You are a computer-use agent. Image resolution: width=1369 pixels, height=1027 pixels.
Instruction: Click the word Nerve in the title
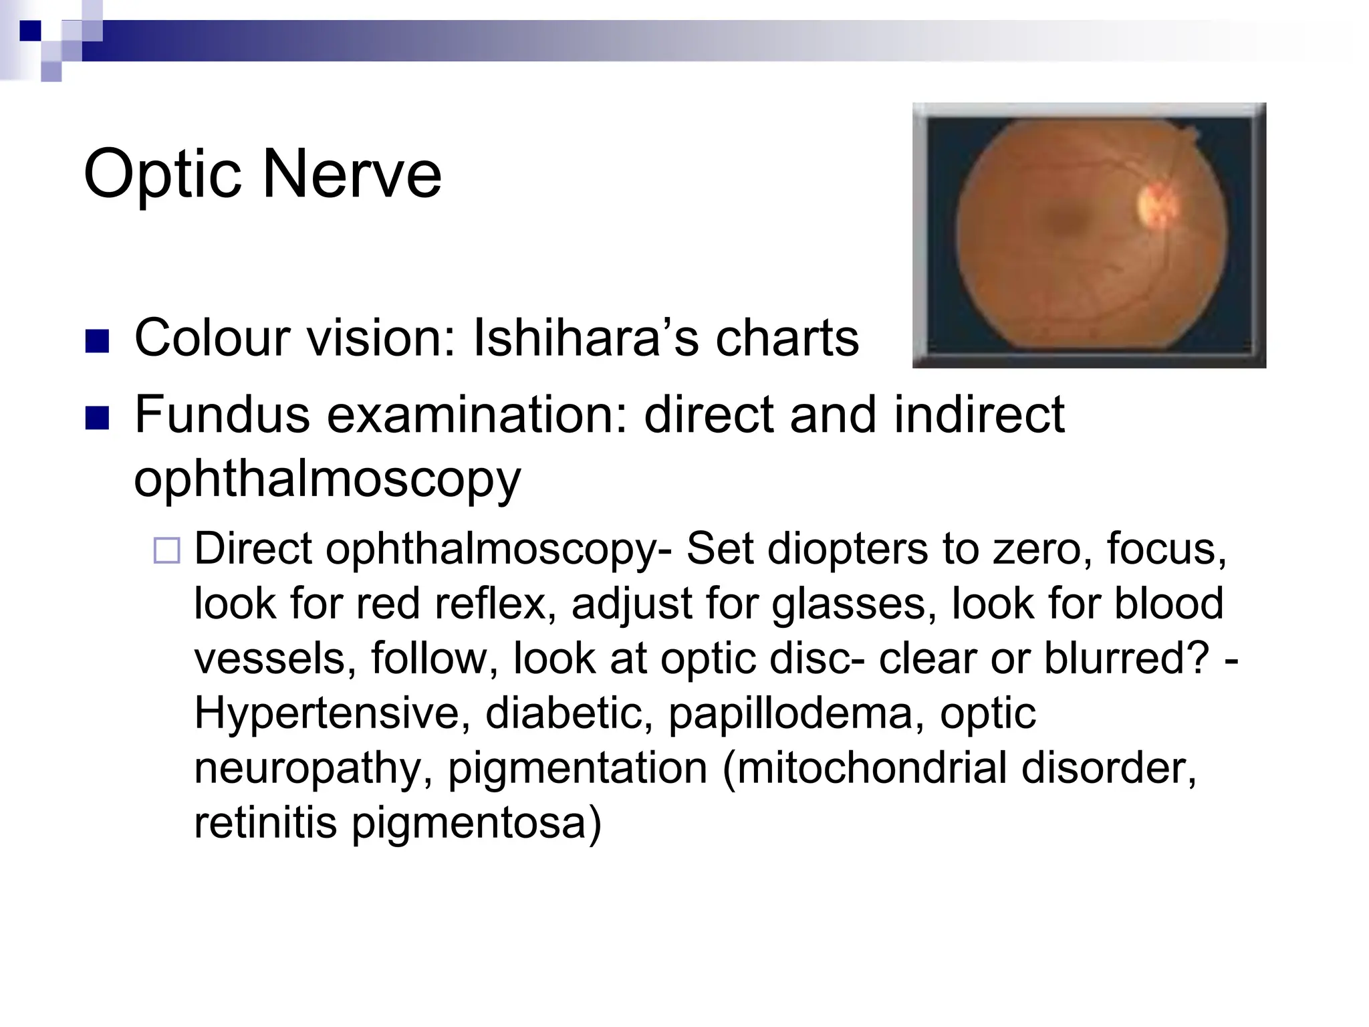[x=352, y=174]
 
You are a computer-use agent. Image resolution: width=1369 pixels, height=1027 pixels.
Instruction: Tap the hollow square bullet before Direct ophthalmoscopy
[x=166, y=551]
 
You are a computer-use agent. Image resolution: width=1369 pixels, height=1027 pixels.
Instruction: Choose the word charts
[x=787, y=338]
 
